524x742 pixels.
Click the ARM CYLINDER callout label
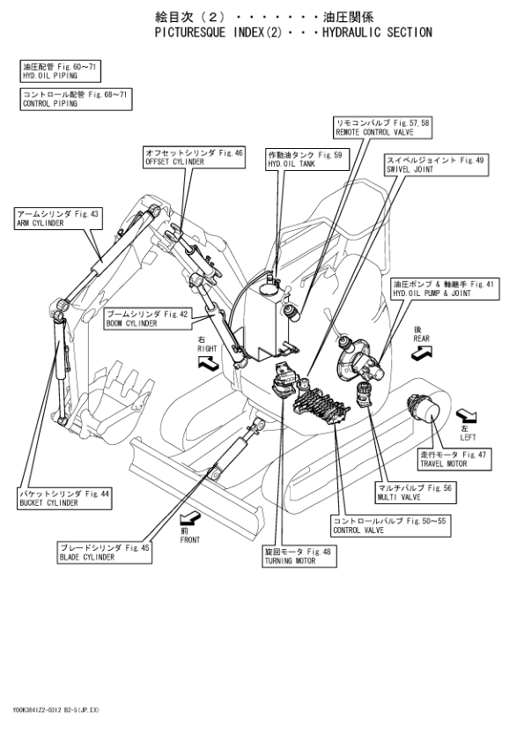pos(58,219)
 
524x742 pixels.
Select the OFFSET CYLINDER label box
pos(195,157)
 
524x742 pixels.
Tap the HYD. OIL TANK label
pos(307,160)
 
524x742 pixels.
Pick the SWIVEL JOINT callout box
pos(436,165)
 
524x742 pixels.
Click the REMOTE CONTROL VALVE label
pos(382,128)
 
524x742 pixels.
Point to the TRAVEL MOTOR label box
pos(454,459)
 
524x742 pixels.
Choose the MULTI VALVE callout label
pos(416,492)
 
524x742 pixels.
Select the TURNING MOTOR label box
pos(299,556)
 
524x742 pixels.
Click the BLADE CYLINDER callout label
pos(105,553)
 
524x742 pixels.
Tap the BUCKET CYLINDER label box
pos(64,498)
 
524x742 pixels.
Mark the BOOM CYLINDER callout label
pos(148,319)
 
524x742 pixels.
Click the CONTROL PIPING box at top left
pos(76,99)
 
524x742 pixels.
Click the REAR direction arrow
pos(421,352)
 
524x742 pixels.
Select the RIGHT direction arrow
pos(208,363)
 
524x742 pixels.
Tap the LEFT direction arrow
pos(466,416)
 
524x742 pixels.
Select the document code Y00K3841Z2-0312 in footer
pos(36,709)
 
